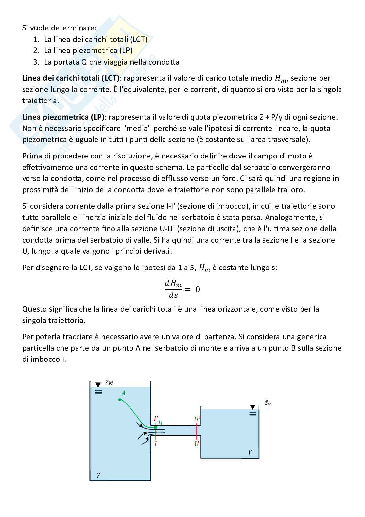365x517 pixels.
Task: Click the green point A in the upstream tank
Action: pos(120,399)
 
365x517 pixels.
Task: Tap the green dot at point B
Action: pos(156,427)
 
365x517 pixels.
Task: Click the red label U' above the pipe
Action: pos(197,419)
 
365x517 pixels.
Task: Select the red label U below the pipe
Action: pos(197,444)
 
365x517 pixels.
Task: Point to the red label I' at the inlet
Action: pos(156,419)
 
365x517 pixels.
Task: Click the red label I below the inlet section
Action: pos(155,444)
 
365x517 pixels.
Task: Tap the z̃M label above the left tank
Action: pos(109,382)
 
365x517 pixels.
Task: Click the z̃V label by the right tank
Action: pos(268,403)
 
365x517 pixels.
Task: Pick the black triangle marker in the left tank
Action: pos(98,385)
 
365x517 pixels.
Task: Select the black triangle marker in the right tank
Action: pos(252,407)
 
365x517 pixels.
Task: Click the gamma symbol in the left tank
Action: pos(98,474)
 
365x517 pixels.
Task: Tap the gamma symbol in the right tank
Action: pos(250,452)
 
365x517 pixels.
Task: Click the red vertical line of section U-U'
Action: pos(197,432)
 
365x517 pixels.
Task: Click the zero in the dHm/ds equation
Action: pos(198,289)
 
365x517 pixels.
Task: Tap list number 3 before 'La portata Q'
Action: pos(36,62)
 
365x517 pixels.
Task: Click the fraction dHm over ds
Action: pos(173,289)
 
